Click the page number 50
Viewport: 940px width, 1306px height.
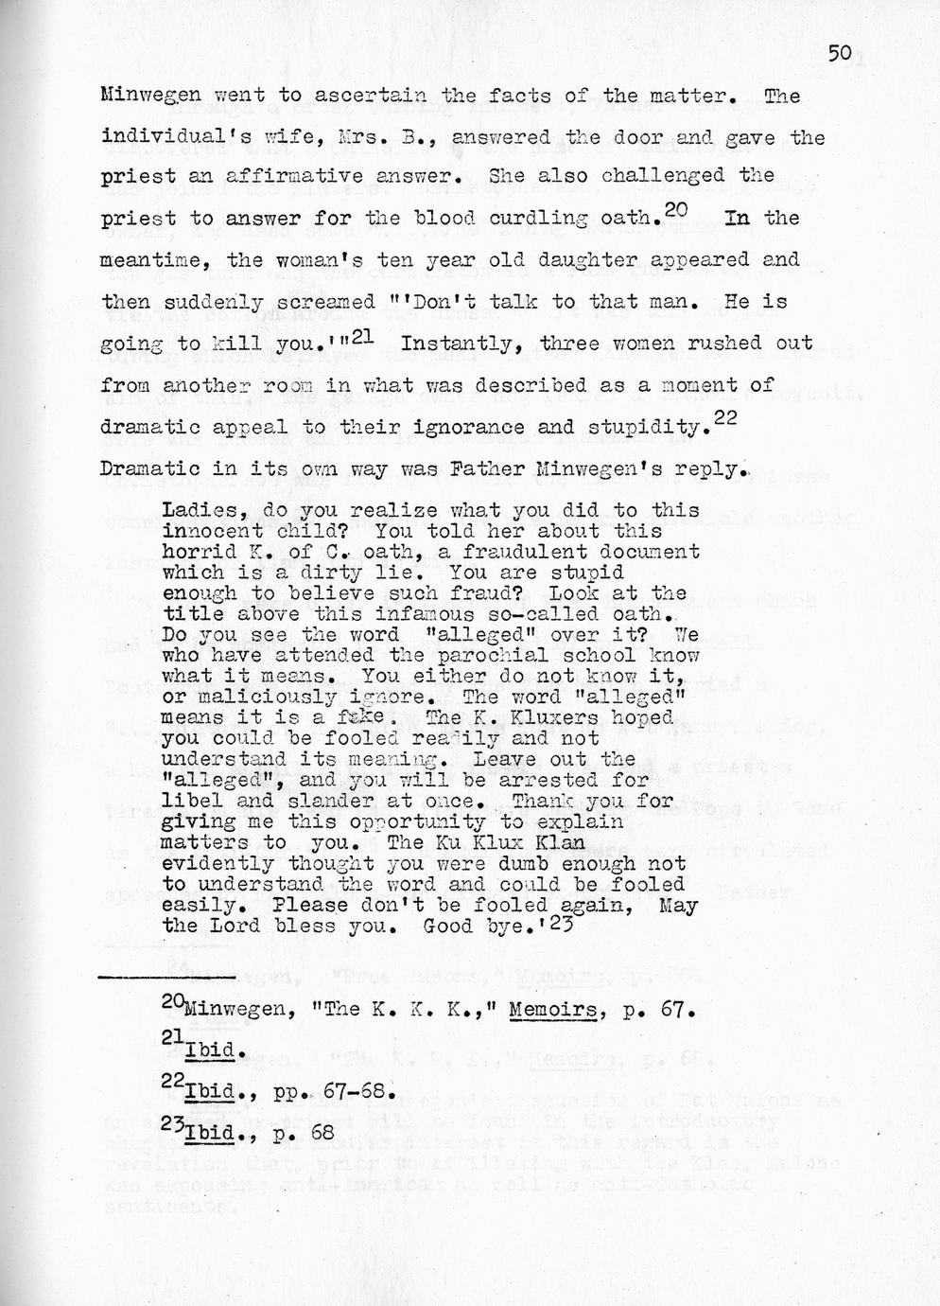point(840,54)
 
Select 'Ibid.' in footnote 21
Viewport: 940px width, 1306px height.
point(208,1050)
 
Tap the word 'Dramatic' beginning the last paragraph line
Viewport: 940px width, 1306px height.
point(148,468)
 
